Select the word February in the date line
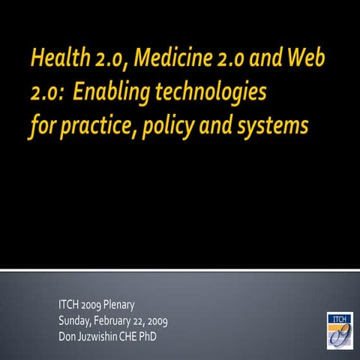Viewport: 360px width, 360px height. tap(120, 320)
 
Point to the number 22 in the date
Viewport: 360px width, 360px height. tap(150, 320)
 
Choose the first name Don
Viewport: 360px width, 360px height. tap(67, 335)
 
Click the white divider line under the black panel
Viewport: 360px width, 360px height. tap(180, 269)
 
